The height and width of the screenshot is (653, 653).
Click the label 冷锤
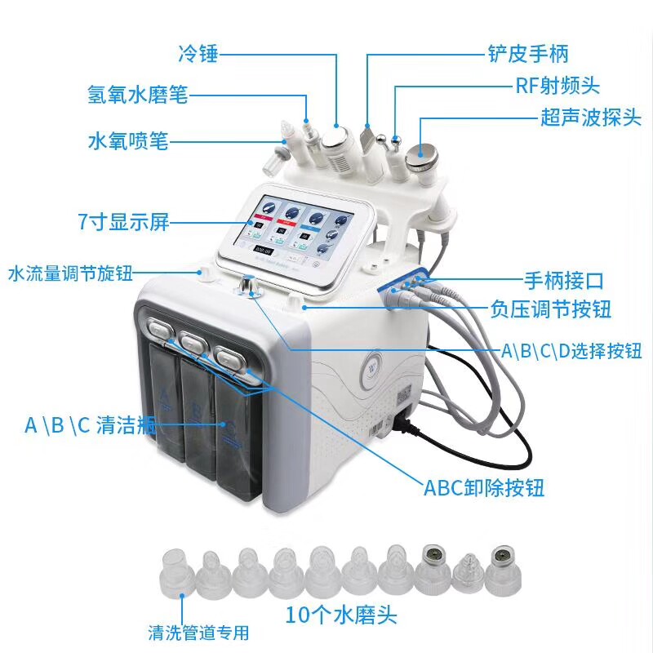(197, 55)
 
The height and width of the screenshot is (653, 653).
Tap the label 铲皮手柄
(528, 55)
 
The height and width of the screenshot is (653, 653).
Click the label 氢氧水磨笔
(137, 95)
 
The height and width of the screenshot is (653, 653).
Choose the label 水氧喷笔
(127, 140)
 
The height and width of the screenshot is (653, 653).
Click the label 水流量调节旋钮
(69, 272)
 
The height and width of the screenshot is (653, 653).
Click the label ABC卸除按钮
(483, 488)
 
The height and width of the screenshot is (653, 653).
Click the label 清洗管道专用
(198, 633)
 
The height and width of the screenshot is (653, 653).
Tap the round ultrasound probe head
(424, 153)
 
